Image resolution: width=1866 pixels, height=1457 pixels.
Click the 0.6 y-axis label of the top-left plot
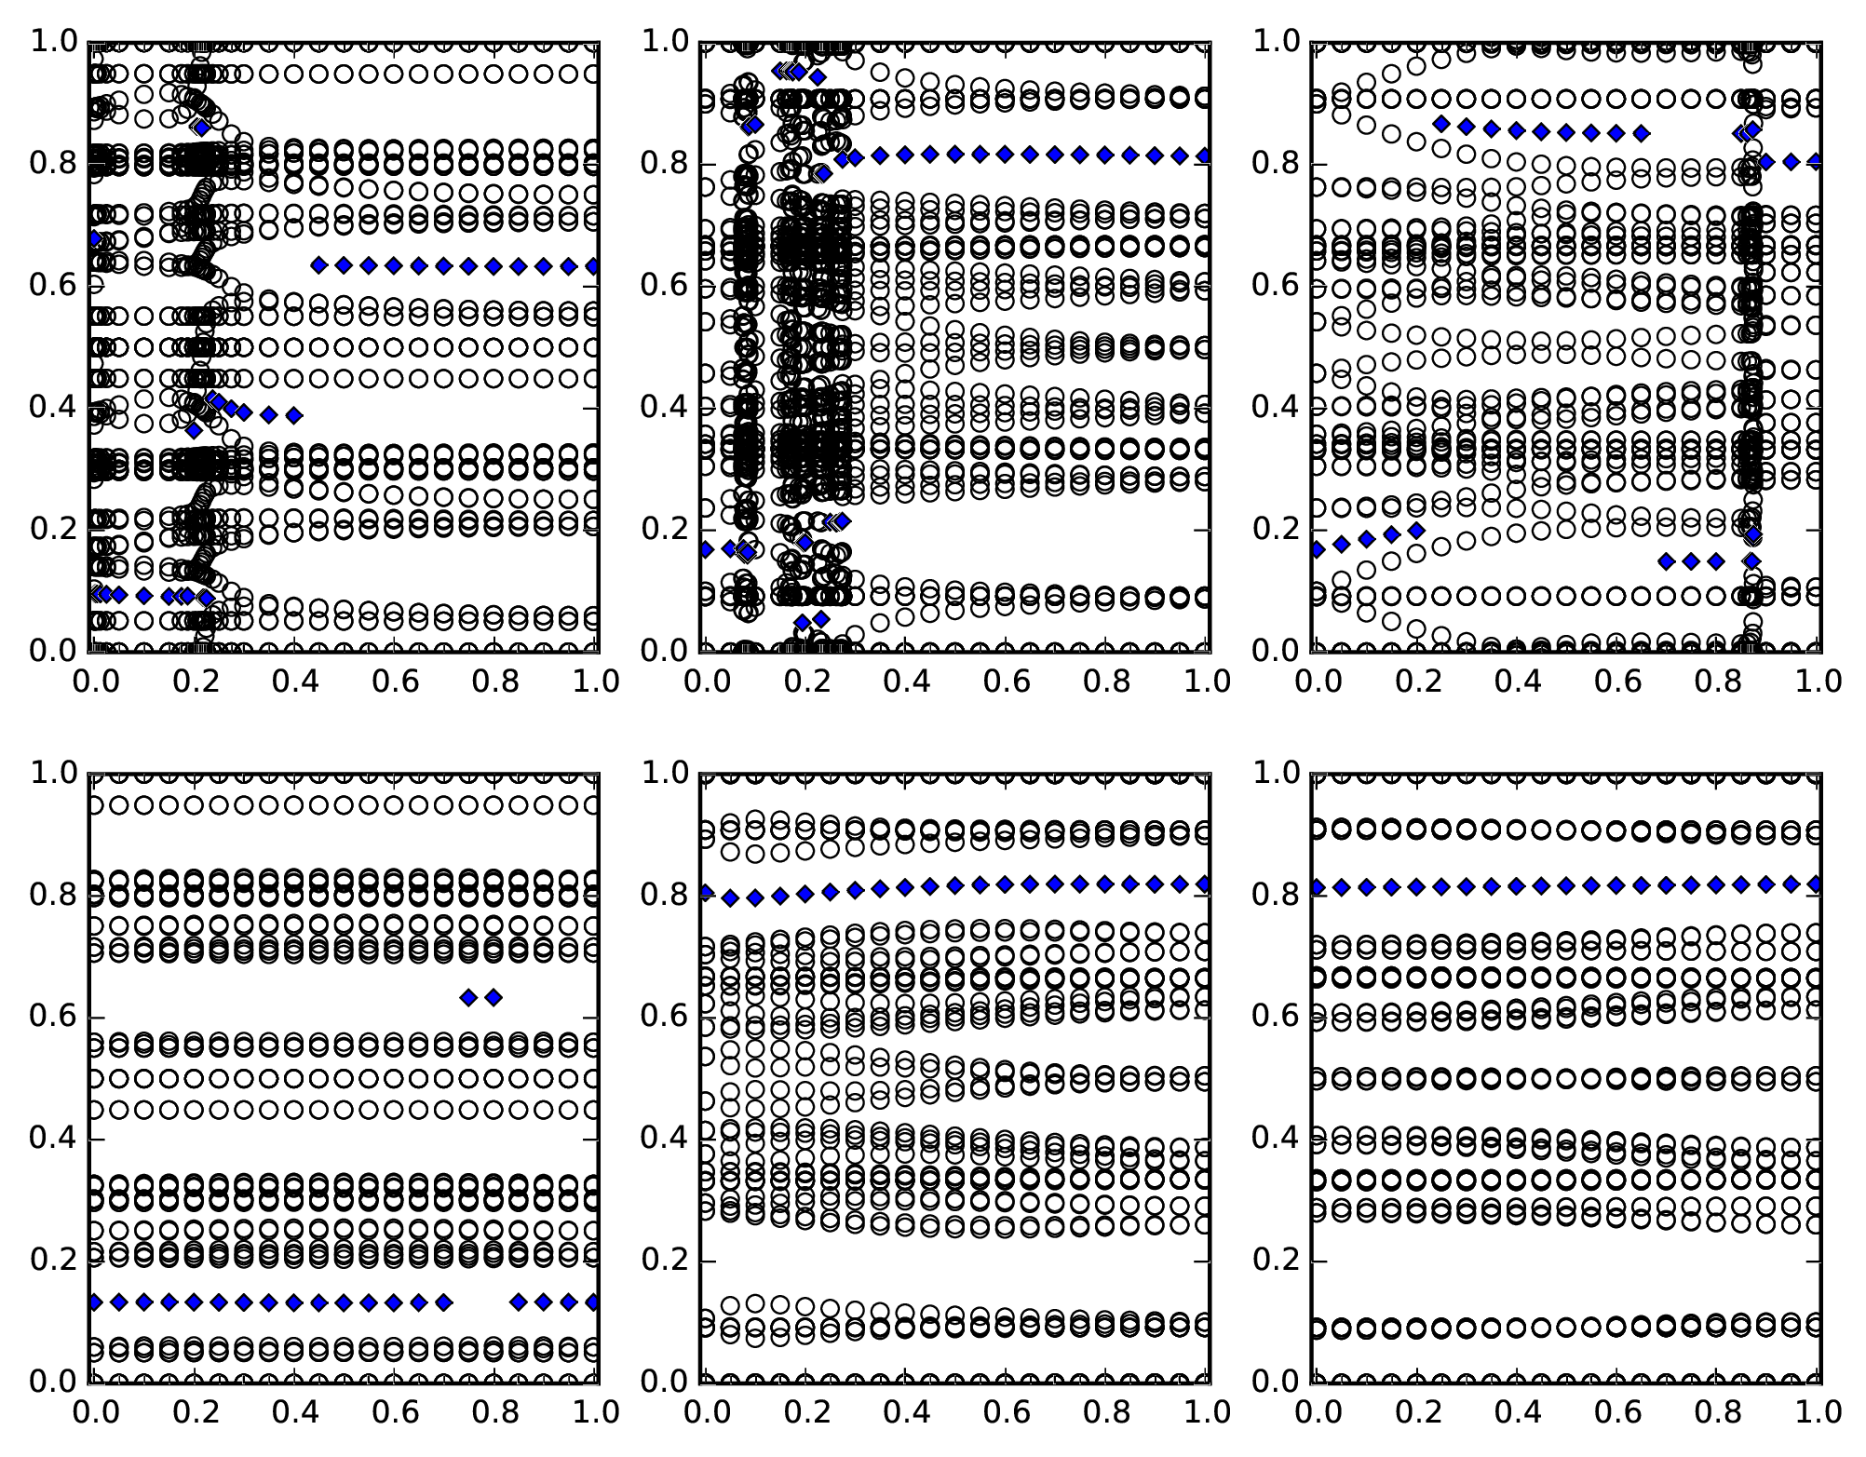pos(54,286)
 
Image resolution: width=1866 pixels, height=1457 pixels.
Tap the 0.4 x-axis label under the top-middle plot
pos(904,682)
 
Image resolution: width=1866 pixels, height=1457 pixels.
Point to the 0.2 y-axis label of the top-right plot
pos(1277,530)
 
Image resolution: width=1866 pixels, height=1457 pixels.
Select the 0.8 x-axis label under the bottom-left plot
pos(494,1413)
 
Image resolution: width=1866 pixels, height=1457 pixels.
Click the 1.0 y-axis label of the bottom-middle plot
pos(665,773)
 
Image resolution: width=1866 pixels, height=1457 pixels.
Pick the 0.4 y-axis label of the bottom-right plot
pos(1277,1139)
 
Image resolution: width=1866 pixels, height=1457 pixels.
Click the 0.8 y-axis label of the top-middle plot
pos(665,164)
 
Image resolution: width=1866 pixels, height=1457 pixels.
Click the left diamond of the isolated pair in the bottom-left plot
pos(468,998)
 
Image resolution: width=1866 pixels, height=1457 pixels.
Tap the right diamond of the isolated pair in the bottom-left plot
pos(494,998)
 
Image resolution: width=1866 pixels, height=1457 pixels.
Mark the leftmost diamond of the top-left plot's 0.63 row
pos(318,265)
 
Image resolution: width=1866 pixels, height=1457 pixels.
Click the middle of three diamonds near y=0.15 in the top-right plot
pos(1692,561)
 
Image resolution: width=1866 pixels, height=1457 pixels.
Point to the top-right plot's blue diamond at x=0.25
pos(1441,124)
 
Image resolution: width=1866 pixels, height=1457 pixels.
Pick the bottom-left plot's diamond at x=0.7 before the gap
pos(444,1302)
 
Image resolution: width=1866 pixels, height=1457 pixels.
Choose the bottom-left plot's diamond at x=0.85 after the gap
pos(519,1302)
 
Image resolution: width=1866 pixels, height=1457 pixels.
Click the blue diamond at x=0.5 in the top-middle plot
pos(954,154)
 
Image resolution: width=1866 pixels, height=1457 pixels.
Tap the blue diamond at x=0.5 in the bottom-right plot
pos(1566,885)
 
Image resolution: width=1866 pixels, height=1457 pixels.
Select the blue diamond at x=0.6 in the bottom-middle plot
pos(1005,884)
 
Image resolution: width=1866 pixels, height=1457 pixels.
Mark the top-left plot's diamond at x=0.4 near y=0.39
pos(294,415)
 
